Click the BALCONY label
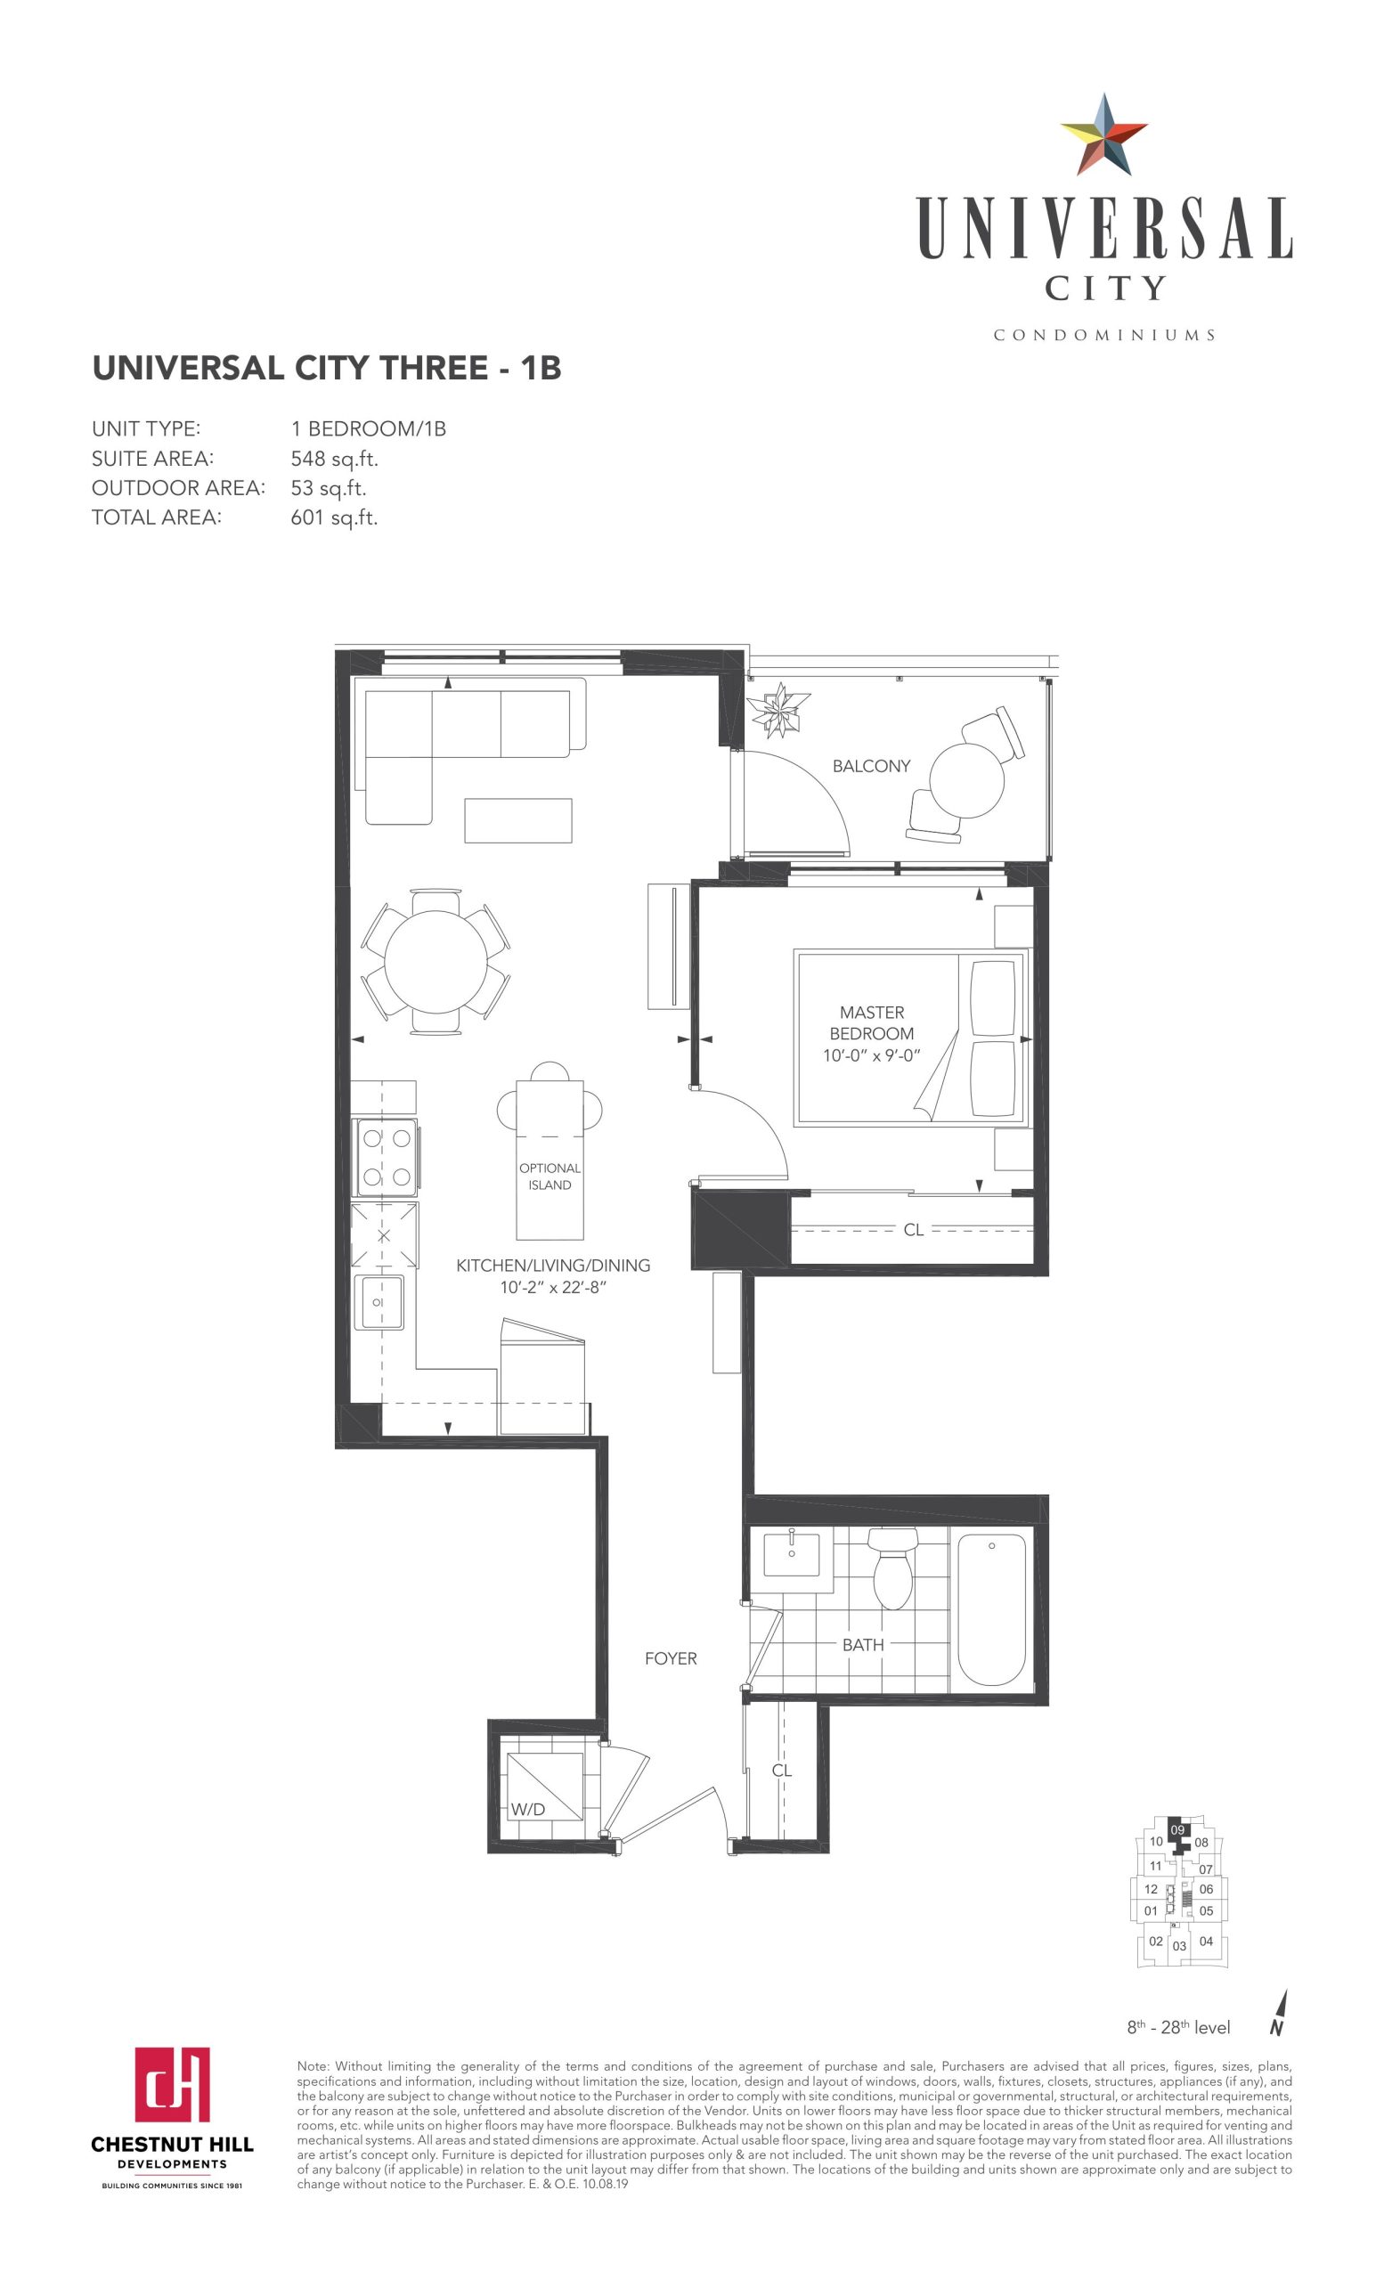(x=870, y=766)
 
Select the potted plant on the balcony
(x=779, y=710)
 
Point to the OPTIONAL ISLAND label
(x=550, y=1177)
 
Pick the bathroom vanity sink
(x=791, y=1551)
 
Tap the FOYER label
(x=671, y=1659)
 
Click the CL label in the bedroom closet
(x=913, y=1230)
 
